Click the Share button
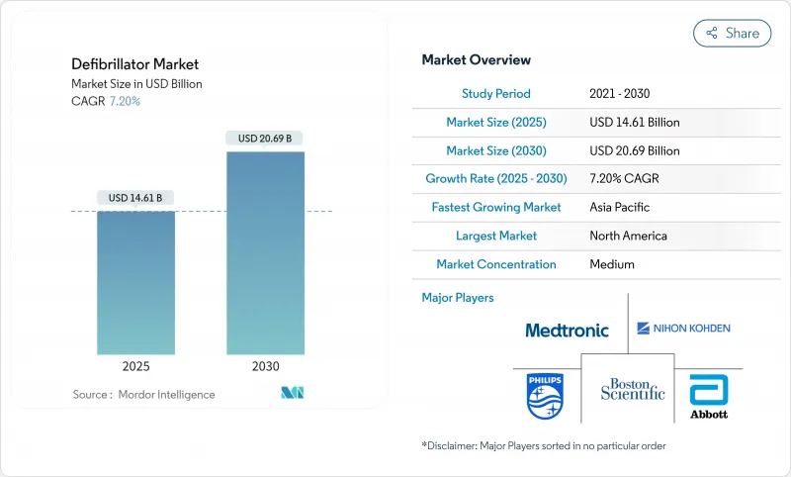pos(732,33)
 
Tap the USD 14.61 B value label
pos(135,198)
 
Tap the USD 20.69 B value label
pos(265,139)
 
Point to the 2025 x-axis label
pos(135,366)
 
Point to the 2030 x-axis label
pos(265,366)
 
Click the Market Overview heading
pos(476,60)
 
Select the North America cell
pos(628,236)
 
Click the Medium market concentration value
pos(611,264)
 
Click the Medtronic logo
pos(567,331)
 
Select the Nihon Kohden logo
pos(683,328)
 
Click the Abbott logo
pos(708,395)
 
